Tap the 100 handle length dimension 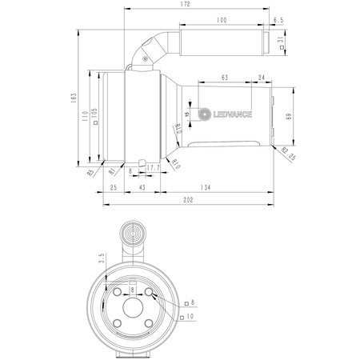coord(221,19)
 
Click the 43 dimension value coord(142,187)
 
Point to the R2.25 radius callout coord(288,154)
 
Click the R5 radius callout coord(90,170)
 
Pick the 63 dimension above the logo coord(224,78)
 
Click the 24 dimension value coord(262,78)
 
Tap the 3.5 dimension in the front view coord(102,259)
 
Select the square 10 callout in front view coord(188,318)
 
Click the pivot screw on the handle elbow coord(144,55)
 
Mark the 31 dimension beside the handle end coord(281,40)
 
